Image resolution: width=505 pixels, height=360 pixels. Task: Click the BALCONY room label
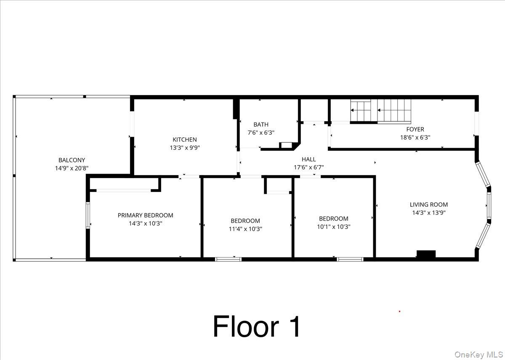point(72,160)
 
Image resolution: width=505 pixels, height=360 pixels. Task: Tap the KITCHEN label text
point(184,140)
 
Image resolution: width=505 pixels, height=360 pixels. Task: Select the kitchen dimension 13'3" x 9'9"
point(184,148)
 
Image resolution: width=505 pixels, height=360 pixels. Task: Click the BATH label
point(261,125)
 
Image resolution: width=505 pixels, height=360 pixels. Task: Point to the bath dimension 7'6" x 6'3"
point(261,133)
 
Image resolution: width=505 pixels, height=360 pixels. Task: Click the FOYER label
point(415,129)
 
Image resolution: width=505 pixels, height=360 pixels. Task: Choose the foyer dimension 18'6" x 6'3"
point(415,137)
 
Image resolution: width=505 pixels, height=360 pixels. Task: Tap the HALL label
point(308,159)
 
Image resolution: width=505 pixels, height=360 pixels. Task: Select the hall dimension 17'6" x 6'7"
point(308,167)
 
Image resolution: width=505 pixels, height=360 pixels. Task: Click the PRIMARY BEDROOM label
point(145,215)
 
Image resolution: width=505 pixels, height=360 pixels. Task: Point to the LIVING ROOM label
point(429,205)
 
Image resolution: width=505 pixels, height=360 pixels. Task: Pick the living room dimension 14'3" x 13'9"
point(429,213)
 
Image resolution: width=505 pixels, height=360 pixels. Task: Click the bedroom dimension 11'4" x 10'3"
point(245,229)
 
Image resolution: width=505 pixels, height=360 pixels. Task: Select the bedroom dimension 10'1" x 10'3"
point(334,227)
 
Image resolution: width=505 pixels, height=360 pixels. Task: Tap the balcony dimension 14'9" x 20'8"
point(72,168)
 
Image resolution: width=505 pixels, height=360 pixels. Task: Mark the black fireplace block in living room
point(426,254)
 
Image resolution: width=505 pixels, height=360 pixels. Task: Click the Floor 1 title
point(257,326)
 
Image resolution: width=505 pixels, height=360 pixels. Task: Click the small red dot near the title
point(399,312)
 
